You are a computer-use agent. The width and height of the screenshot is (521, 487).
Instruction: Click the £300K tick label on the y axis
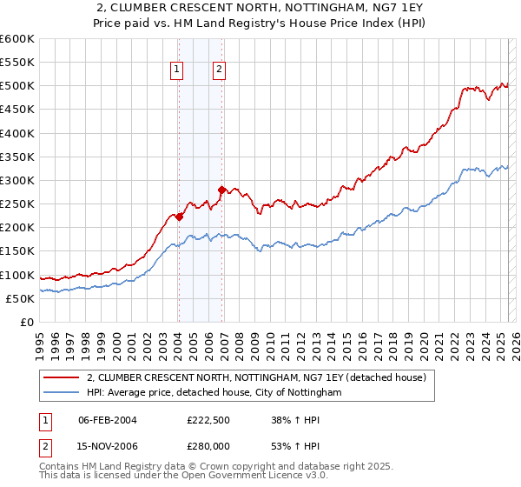pyautogui.click(x=17, y=181)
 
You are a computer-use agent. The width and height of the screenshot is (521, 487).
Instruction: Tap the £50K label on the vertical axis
pyautogui.click(x=20, y=298)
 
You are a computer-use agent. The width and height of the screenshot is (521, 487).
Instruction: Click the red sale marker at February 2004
pyautogui.click(x=179, y=217)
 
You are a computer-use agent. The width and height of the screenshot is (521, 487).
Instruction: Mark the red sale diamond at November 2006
pyautogui.click(x=221, y=190)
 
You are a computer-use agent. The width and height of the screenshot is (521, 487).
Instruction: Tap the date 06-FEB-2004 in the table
pyautogui.click(x=108, y=420)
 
